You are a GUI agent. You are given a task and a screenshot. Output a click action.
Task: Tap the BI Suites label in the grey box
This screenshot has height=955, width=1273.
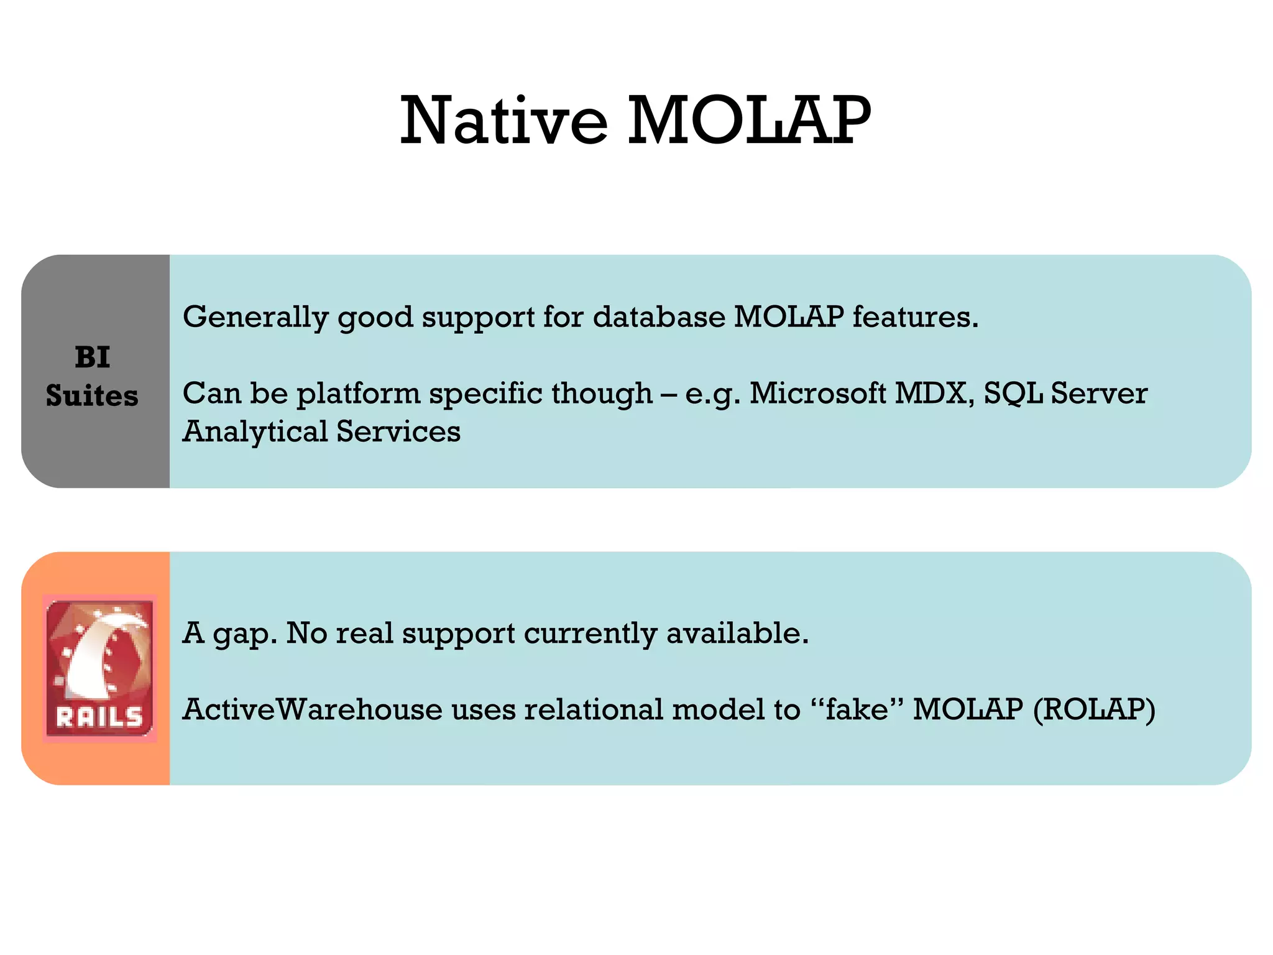tap(93, 376)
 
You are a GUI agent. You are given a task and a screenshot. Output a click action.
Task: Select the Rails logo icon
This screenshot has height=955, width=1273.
tap(99, 668)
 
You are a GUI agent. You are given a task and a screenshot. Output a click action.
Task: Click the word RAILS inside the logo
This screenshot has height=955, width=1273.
tap(99, 718)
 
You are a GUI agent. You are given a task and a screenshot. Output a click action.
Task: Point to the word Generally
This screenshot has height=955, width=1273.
tap(255, 317)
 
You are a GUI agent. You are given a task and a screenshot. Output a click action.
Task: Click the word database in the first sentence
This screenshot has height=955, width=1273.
tap(659, 317)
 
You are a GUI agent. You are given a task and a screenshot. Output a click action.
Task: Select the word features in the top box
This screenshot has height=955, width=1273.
tap(914, 317)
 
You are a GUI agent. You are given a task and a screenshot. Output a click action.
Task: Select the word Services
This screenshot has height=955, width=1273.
tap(398, 432)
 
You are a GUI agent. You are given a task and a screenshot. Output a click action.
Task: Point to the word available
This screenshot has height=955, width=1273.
tap(737, 634)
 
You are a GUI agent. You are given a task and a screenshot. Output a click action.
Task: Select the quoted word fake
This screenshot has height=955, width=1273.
tap(857, 709)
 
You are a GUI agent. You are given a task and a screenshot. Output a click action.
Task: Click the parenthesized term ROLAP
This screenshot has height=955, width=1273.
tap(1094, 709)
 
